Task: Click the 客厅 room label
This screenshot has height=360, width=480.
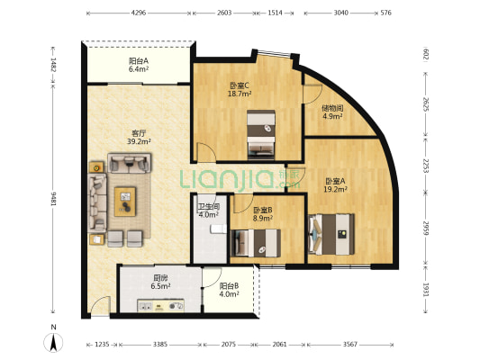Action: pyautogui.click(x=139, y=133)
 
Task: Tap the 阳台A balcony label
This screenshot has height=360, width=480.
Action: pyautogui.click(x=139, y=61)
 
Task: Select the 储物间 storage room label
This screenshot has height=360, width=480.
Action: pyautogui.click(x=332, y=108)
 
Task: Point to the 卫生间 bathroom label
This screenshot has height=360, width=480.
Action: pyautogui.click(x=208, y=207)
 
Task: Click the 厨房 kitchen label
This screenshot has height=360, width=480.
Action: pyautogui.click(x=160, y=278)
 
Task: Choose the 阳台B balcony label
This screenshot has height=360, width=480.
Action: pyautogui.click(x=229, y=286)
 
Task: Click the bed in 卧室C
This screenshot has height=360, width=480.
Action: pyautogui.click(x=261, y=135)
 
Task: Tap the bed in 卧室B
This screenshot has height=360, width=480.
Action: pyautogui.click(x=256, y=243)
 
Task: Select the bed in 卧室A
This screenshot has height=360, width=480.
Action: pyautogui.click(x=331, y=234)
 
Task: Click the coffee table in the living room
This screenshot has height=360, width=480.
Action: pyautogui.click(x=125, y=202)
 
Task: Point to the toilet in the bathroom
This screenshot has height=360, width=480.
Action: pyautogui.click(x=218, y=229)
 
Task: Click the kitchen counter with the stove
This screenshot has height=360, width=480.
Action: pyautogui.click(x=160, y=306)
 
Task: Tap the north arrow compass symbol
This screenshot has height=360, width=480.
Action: pyautogui.click(x=53, y=343)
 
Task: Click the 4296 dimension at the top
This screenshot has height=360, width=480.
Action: pyautogui.click(x=139, y=13)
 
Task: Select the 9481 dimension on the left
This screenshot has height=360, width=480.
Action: pyautogui.click(x=53, y=199)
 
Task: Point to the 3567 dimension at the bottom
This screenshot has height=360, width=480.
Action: pyautogui.click(x=350, y=345)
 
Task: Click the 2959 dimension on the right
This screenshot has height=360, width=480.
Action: pyautogui.click(x=425, y=229)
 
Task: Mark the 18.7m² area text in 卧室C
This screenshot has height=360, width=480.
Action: pyautogui.click(x=240, y=94)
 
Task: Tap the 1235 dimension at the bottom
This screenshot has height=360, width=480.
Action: pyautogui.click(x=102, y=345)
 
